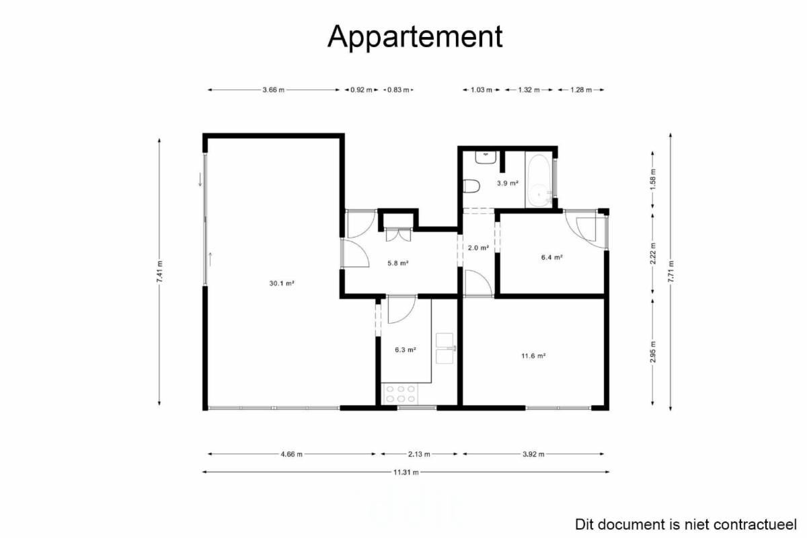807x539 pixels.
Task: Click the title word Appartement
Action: click(415, 37)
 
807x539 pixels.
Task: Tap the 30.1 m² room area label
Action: click(282, 283)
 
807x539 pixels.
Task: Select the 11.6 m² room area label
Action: click(533, 356)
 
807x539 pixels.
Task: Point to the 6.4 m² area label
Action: click(552, 258)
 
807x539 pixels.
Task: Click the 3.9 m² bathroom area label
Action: click(508, 183)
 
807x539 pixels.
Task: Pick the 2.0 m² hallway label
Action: click(478, 248)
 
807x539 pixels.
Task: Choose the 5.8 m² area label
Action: click(397, 263)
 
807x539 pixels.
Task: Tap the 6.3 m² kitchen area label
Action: click(406, 350)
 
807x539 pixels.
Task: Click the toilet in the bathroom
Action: click(471, 186)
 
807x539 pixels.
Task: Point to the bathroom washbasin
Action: click(486, 157)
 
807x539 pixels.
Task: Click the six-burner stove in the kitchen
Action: click(400, 394)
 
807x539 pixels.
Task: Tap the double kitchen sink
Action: click(445, 349)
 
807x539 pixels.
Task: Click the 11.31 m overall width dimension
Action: click(406, 472)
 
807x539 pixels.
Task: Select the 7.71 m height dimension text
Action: click(670, 271)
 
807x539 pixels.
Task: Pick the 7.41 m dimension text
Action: click(159, 271)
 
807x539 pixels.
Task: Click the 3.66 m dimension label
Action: click(274, 89)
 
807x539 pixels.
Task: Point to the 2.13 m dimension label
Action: click(419, 454)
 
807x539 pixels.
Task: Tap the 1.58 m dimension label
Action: click(653, 179)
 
